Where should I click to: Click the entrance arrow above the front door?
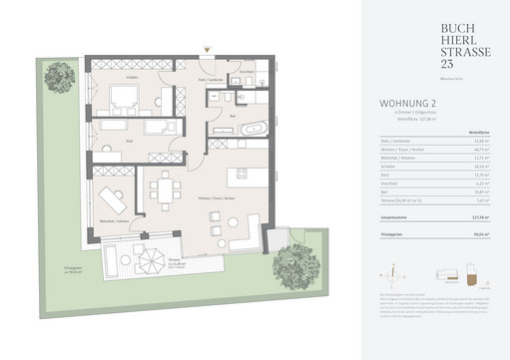(207, 47)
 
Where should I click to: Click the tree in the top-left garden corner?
(61, 75)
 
